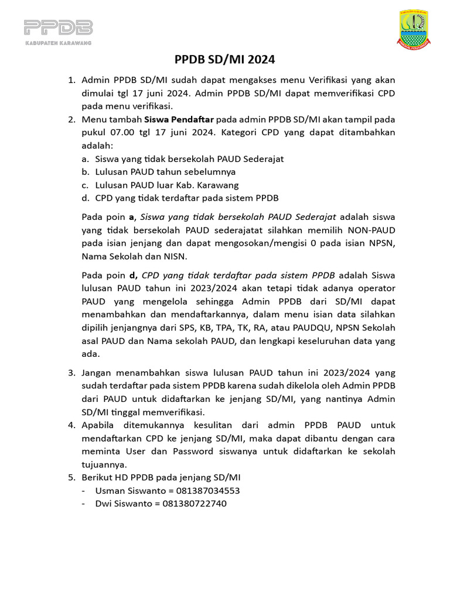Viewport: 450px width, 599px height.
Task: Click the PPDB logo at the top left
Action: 58,32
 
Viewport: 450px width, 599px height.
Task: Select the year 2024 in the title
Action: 262,60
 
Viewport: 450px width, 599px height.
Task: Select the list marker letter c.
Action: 85,184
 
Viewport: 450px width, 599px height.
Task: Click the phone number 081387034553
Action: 200,490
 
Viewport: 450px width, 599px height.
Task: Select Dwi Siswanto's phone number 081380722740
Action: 194,503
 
